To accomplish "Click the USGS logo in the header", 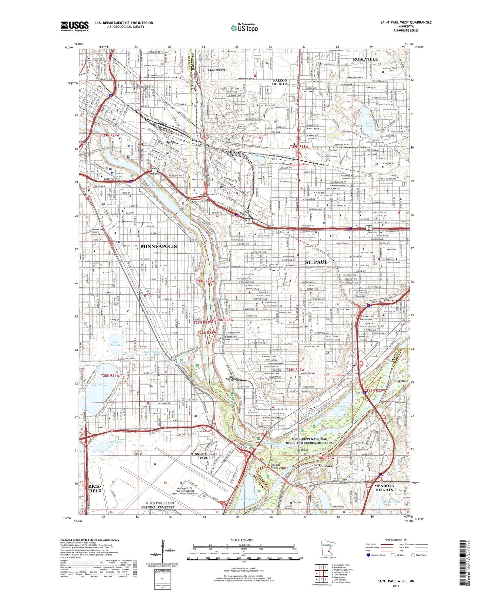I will (x=75, y=26).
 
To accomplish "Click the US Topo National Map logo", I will (x=244, y=28).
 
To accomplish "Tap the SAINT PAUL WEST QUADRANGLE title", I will (x=406, y=22).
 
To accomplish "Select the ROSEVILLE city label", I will (x=365, y=59).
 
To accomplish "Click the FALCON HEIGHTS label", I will (x=280, y=82).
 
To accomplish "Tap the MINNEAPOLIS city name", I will (x=159, y=246).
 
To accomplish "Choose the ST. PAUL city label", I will (x=316, y=262).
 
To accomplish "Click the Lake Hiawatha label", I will (x=116, y=344).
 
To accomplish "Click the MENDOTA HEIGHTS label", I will (x=384, y=488).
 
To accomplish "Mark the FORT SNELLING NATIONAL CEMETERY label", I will (x=157, y=505).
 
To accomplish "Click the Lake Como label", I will (x=369, y=125).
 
